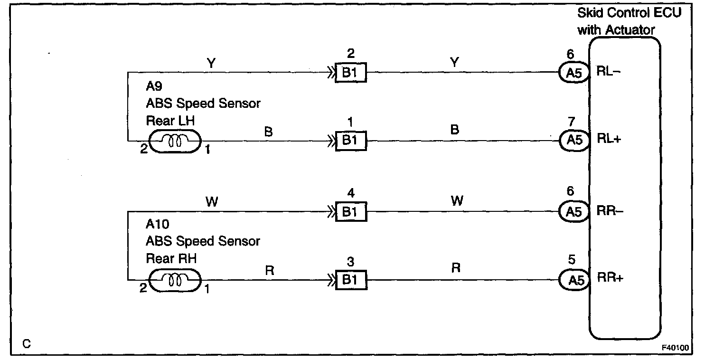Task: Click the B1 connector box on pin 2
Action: [351, 74]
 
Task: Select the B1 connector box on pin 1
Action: [351, 141]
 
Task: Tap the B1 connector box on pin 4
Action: [351, 212]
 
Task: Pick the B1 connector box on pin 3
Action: [351, 280]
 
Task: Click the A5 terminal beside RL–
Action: [573, 74]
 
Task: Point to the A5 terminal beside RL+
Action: [573, 140]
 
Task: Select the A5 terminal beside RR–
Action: [573, 211]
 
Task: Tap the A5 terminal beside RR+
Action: [573, 279]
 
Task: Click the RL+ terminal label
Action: [610, 140]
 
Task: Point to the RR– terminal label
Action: [610, 211]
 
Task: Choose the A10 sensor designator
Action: [157, 224]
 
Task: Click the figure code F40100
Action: [676, 347]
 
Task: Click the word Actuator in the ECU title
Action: [629, 30]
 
